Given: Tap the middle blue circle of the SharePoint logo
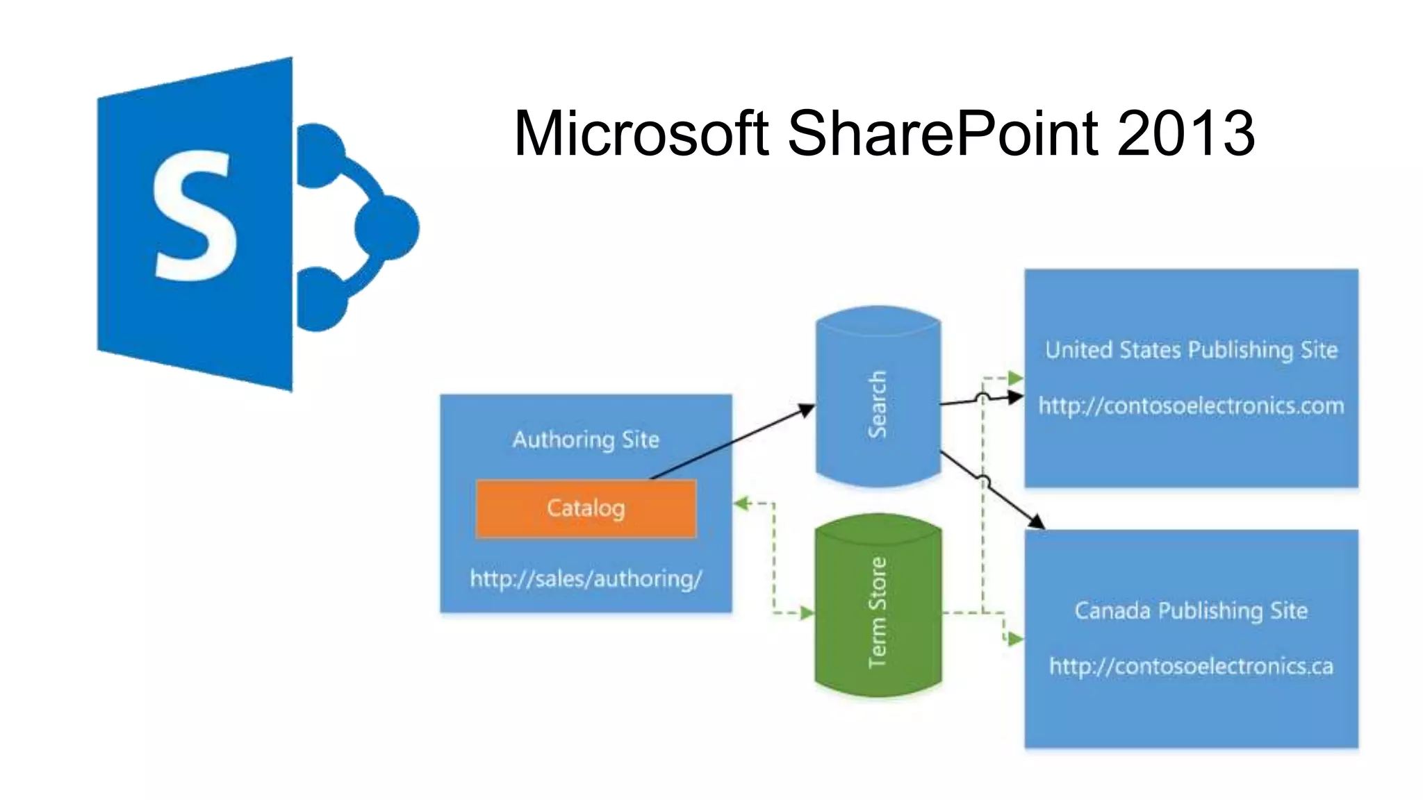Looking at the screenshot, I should [387, 228].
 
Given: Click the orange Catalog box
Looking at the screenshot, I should [586, 508].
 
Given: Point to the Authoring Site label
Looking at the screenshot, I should [586, 440].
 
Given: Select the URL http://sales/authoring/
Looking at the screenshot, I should [586, 578].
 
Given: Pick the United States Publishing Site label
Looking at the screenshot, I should [1191, 349].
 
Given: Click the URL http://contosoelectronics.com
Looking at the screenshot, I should [1191, 406].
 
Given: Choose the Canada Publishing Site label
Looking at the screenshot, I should [1191, 610].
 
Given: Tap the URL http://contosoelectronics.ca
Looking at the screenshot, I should [1191, 667].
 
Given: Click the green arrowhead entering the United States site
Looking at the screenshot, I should [1016, 378].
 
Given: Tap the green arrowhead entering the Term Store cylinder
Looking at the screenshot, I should [807, 612].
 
